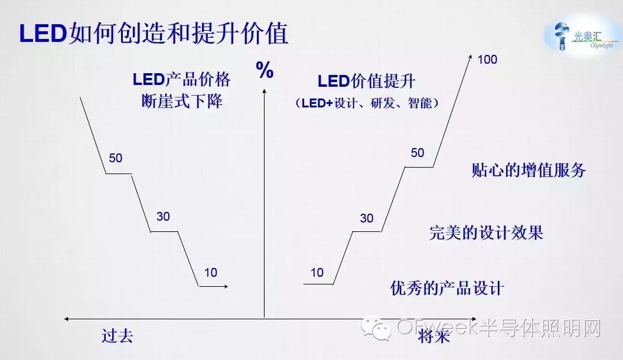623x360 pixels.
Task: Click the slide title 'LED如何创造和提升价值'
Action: coord(154,34)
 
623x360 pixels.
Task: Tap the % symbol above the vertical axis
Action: coord(265,71)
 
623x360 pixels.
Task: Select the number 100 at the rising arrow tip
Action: coord(488,60)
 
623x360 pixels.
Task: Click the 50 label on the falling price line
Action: coord(116,158)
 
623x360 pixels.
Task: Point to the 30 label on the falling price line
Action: coord(163,217)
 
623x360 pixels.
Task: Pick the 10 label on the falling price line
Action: coord(211,272)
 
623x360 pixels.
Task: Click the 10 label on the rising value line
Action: coord(317,272)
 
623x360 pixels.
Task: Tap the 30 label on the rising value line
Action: coord(367,218)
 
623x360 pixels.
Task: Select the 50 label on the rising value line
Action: coord(417,153)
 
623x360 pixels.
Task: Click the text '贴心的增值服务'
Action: coord(529,171)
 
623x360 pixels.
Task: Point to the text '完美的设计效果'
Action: coord(486,233)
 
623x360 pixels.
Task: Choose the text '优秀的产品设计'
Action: coord(447,288)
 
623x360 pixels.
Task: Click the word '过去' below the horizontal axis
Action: coord(117,336)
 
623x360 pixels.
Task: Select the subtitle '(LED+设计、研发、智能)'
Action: coord(367,103)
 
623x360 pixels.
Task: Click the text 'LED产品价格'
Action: coord(181,79)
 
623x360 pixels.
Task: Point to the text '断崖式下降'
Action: coord(182,101)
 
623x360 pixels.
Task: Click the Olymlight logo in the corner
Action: coord(582,35)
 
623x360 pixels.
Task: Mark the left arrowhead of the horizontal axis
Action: coord(67,319)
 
